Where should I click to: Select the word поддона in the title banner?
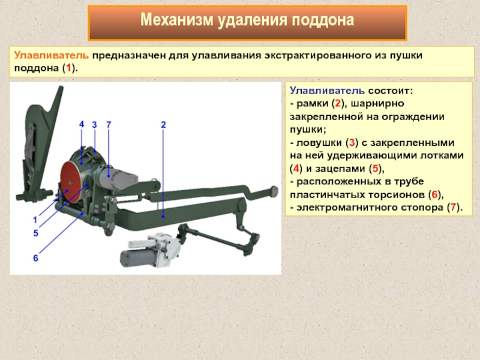pyautogui.click(x=323, y=21)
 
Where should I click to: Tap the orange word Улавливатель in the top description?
pyautogui.click(x=52, y=56)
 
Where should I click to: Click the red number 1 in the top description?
pyautogui.click(x=68, y=68)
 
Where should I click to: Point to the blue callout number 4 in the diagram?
pyautogui.click(x=82, y=124)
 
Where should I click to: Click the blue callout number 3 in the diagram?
pyautogui.click(x=94, y=125)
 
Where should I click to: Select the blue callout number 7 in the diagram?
pyautogui.click(x=109, y=125)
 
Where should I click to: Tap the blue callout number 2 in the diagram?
pyautogui.click(x=163, y=125)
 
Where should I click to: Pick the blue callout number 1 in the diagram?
pyautogui.click(x=35, y=220)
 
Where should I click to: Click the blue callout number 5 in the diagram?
pyautogui.click(x=36, y=233)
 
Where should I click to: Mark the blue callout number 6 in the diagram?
pyautogui.click(x=36, y=258)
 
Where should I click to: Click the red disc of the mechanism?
pyautogui.click(x=71, y=182)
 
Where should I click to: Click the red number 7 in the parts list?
pyautogui.click(x=453, y=208)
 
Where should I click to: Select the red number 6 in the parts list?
pyautogui.click(x=434, y=194)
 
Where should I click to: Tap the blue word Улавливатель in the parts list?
pyautogui.click(x=327, y=91)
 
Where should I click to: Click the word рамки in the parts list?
pyautogui.click(x=312, y=104)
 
